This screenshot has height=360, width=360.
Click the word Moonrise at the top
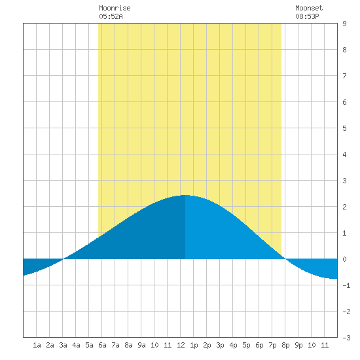pos(115,8)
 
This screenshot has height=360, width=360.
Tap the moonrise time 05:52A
pos(111,16)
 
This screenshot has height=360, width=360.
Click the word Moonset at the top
pos(309,8)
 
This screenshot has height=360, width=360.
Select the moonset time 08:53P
pos(307,16)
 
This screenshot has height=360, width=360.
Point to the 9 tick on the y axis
pos(344,24)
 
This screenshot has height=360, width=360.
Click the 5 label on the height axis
pos(344,128)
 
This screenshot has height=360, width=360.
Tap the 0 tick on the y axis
pos(344,259)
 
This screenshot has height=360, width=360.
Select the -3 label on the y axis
pos(346,338)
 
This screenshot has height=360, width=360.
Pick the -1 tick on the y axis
pos(346,285)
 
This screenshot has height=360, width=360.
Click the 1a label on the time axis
pos(37,345)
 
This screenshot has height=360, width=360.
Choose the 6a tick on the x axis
pos(102,345)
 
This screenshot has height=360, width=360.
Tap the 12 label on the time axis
pos(181,345)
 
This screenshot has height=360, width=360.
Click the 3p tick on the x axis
pos(220,345)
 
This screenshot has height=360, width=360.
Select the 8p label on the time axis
pos(285,345)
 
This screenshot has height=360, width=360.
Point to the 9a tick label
pos(141,345)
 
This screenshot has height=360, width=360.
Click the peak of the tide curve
pos(185,195)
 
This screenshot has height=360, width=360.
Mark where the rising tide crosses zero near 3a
pos(63,259)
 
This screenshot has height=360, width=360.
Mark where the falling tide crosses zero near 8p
pos(285,259)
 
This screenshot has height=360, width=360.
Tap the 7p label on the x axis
pos(272,345)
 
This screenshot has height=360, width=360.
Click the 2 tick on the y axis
pos(344,207)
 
